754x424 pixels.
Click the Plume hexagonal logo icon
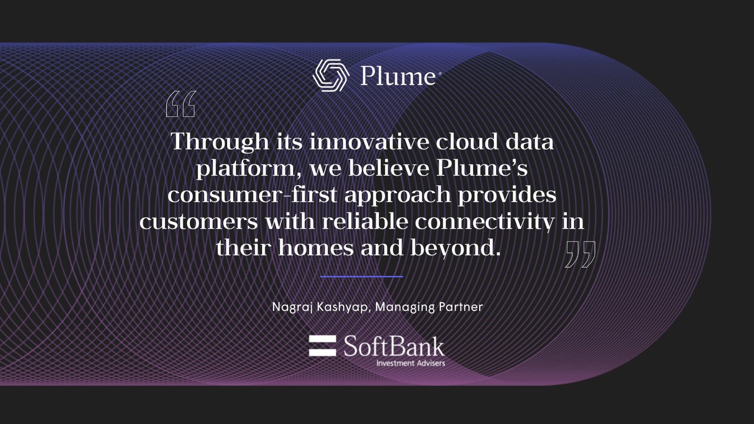click(331, 75)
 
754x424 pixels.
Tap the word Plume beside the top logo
click(398, 76)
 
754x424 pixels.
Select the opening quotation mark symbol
click(181, 104)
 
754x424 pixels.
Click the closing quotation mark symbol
click(580, 254)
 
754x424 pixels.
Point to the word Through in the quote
click(220, 141)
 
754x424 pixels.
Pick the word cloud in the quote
click(467, 141)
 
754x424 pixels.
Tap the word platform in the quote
click(245, 168)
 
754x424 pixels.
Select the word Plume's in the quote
click(482, 168)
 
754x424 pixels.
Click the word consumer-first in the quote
click(252, 195)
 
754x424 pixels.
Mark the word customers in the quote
click(198, 222)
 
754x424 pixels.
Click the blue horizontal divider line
click(361, 277)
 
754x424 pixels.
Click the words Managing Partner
click(429, 307)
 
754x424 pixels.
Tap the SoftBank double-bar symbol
click(322, 346)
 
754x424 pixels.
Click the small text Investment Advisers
click(410, 363)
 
